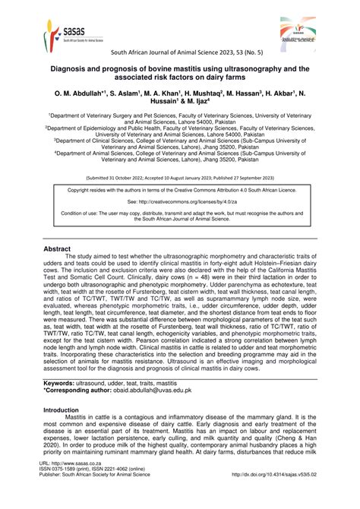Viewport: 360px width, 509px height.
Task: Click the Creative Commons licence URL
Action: pyautogui.click(x=179, y=203)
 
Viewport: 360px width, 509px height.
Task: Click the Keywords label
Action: pyautogui.click(x=63, y=384)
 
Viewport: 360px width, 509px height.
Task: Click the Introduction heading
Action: pyautogui.click(x=65, y=409)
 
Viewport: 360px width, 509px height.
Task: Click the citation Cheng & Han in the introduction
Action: pyautogui.click(x=299, y=447)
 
